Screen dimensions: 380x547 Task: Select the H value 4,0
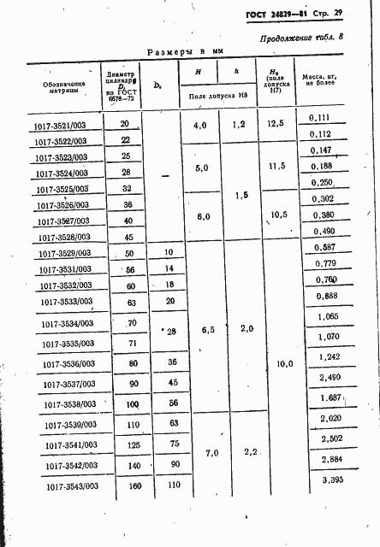click(x=201, y=126)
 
